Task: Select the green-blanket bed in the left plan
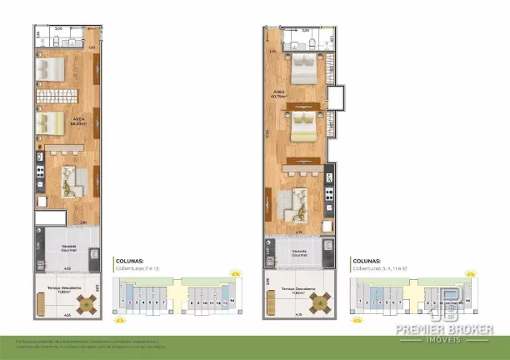[49, 123]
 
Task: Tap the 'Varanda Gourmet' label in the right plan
[298, 252]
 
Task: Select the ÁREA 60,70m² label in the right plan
[278, 94]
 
